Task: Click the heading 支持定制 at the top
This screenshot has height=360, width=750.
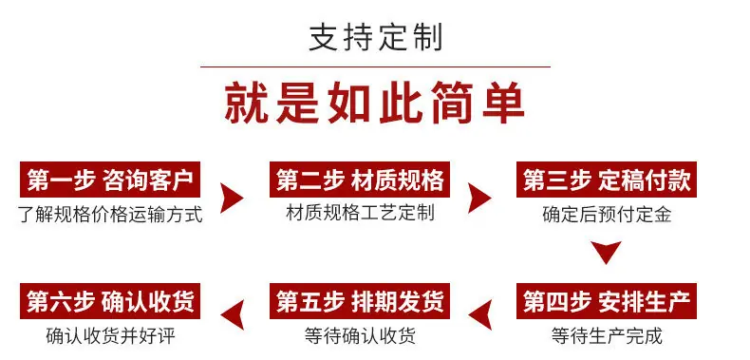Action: (376, 38)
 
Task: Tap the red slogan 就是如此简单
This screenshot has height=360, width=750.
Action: (374, 104)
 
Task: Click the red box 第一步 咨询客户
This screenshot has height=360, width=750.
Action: (110, 180)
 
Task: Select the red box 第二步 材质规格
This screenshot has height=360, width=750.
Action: (360, 180)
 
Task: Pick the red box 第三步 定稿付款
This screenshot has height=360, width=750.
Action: (607, 180)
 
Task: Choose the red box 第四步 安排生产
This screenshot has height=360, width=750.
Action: (607, 301)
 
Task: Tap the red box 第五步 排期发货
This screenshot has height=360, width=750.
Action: (360, 301)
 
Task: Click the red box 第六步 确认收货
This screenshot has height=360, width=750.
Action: (110, 301)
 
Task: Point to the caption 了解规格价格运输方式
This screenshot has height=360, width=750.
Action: (110, 214)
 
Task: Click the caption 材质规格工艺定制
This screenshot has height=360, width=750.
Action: (360, 212)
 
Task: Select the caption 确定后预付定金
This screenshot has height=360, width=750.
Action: (607, 214)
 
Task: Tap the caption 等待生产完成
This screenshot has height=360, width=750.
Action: (607, 335)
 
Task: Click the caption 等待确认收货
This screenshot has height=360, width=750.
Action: (360, 335)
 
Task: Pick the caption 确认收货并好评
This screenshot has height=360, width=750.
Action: (110, 335)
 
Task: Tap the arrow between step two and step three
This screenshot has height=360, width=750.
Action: (478, 198)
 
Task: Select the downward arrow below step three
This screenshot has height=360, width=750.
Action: (606, 251)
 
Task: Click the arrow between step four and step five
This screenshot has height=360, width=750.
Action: (481, 314)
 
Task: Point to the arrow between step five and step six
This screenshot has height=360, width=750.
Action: (234, 314)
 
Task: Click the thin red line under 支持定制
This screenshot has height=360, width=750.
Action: (375, 67)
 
